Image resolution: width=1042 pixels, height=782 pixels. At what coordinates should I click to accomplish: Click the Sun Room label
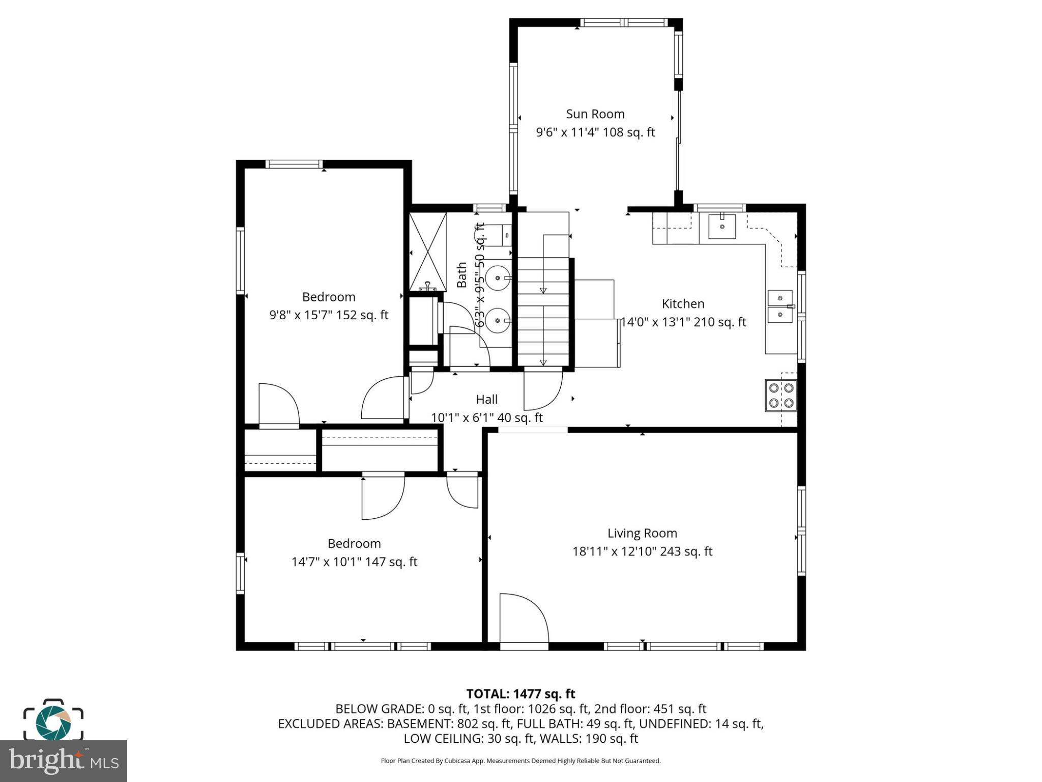[595, 114]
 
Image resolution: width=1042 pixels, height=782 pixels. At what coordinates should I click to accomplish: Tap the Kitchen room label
[683, 303]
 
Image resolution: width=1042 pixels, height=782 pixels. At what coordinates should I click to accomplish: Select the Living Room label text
[642, 533]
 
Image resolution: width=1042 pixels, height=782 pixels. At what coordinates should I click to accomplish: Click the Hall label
[486, 399]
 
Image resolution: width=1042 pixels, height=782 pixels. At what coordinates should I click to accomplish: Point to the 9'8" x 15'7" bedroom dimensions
[328, 315]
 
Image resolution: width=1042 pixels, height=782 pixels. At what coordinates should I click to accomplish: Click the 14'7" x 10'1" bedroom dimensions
[354, 562]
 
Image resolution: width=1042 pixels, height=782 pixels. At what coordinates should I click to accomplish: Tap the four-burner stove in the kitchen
[781, 395]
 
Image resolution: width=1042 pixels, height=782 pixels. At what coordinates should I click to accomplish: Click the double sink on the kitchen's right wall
[780, 306]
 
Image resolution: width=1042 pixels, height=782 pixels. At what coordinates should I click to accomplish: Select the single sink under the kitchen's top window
[722, 226]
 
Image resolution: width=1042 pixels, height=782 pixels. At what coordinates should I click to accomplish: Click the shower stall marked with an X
[428, 252]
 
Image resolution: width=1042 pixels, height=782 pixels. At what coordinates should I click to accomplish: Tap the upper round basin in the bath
[498, 278]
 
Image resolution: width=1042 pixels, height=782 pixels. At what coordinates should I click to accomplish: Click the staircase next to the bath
[543, 311]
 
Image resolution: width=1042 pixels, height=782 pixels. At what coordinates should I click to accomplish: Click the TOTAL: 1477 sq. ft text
[520, 694]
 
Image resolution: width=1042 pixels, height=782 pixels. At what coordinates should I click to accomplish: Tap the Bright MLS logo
[63, 761]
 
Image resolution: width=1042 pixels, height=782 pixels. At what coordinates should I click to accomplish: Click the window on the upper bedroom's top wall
[294, 164]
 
